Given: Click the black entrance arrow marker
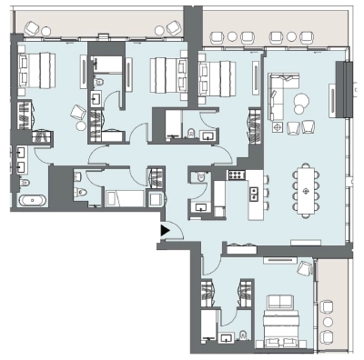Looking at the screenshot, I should [x=165, y=231].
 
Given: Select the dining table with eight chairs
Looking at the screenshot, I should [x=305, y=190].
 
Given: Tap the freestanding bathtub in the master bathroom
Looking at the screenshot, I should [x=33, y=199].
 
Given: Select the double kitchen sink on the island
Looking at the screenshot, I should [x=255, y=192].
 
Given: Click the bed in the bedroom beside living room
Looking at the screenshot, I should [x=218, y=77].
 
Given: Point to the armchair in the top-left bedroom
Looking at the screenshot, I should [x=80, y=113].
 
